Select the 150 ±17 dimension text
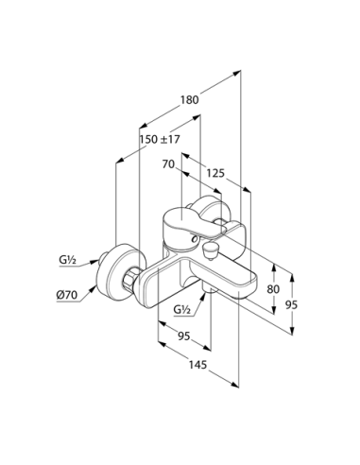coord(159,140)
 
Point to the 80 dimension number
coord(273,288)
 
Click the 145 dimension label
coord(196,364)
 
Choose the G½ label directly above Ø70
coord(66,259)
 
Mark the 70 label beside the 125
coord(170,164)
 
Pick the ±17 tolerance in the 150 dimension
coord(170,140)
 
